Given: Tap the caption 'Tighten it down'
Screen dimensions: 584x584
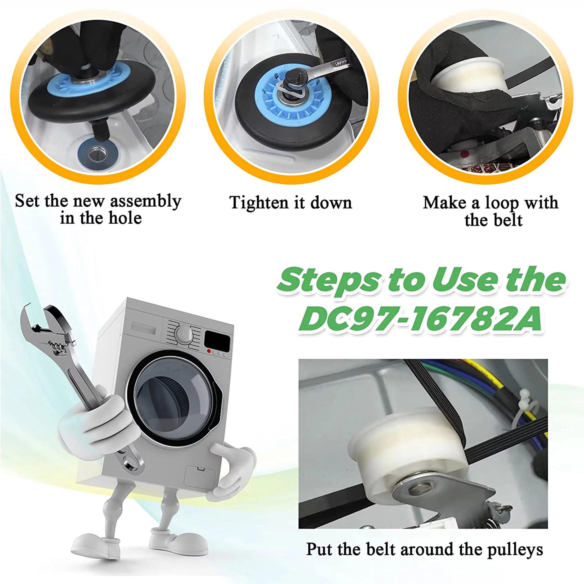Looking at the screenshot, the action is tap(291, 202).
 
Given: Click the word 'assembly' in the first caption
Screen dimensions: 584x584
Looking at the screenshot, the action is tap(145, 201).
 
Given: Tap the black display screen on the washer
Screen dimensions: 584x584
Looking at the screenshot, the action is tap(217, 340).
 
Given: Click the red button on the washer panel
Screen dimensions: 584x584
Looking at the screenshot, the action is tap(208, 351).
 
